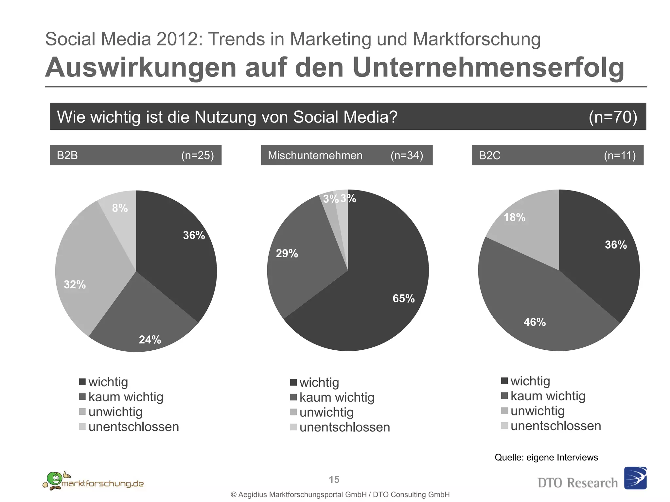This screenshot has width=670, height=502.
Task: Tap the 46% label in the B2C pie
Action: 535,322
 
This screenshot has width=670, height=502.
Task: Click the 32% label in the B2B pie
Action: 75,285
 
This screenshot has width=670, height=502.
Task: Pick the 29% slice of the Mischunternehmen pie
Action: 301,261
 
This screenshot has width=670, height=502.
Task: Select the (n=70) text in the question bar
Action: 613,117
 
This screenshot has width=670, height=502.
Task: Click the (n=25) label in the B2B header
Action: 198,155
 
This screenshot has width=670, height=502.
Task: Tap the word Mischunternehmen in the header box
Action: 315,155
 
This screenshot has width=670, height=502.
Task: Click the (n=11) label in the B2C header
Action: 620,155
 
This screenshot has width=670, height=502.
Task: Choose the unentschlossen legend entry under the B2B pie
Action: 133,427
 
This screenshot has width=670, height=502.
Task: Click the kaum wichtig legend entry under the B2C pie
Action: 548,396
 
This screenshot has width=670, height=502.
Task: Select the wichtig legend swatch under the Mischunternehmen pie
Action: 293,382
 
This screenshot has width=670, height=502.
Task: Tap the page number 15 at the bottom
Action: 334,479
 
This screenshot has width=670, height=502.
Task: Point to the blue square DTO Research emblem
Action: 635,478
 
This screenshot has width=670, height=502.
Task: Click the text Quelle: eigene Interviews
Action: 546,457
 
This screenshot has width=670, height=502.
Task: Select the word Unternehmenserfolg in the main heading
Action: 488,68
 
